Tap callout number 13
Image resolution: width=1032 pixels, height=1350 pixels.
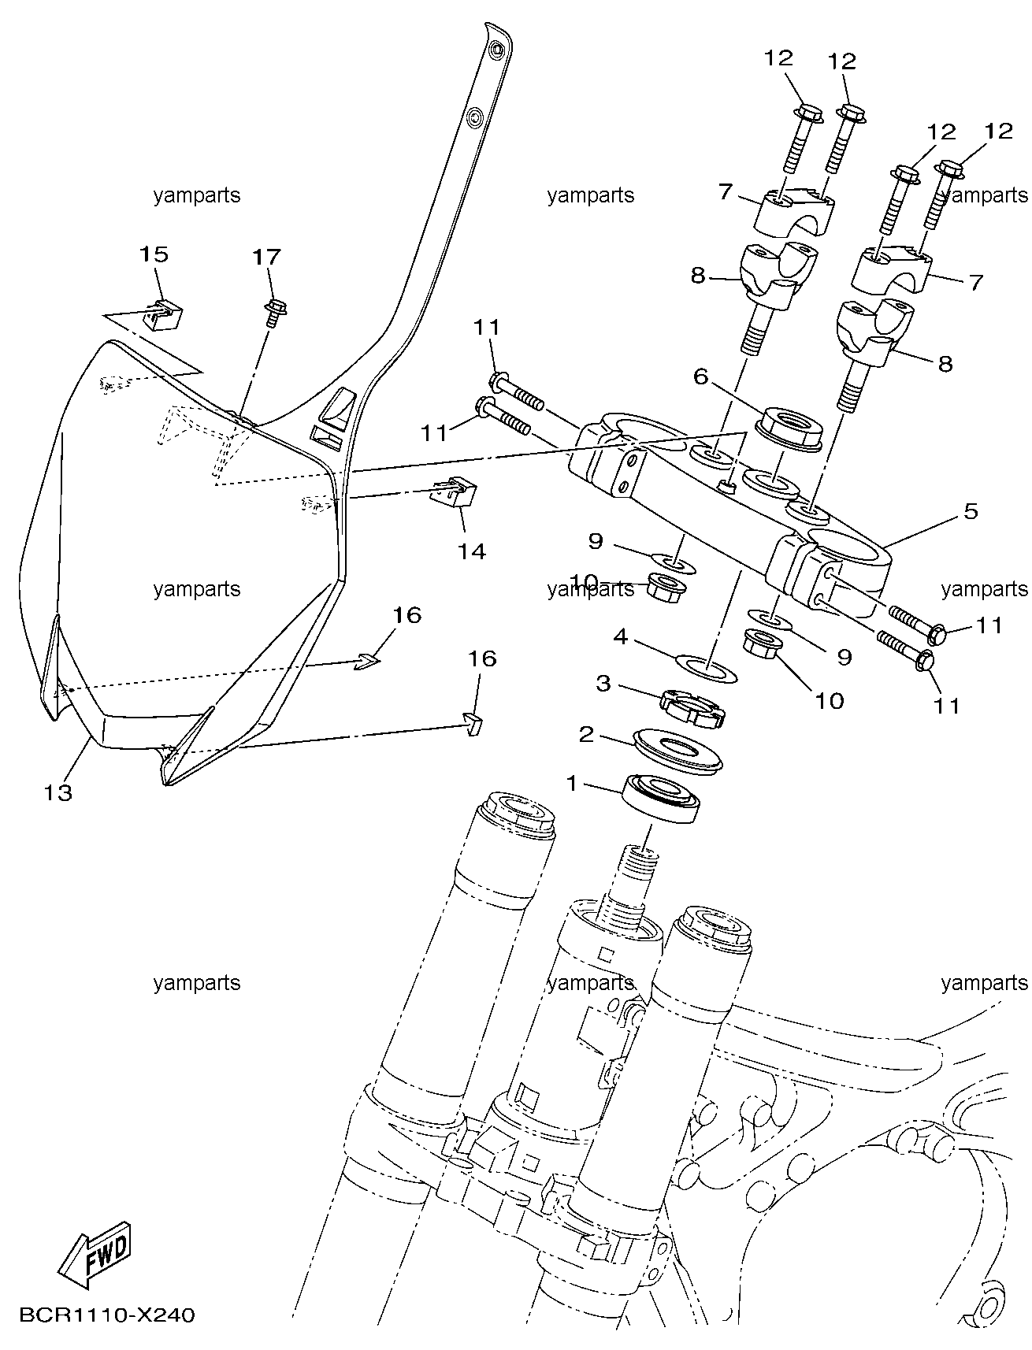(58, 792)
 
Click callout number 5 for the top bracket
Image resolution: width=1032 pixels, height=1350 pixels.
(970, 511)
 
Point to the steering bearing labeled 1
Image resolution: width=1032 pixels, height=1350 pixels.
(659, 799)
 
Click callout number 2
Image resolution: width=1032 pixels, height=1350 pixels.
(586, 735)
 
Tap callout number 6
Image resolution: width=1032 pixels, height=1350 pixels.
(701, 378)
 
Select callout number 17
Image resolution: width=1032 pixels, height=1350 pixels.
(266, 257)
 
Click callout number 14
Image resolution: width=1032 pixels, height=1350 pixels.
(472, 551)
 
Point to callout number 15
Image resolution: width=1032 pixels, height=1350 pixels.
(154, 254)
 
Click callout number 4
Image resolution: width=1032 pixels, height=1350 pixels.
(621, 636)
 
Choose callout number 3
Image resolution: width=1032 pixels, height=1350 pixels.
(603, 683)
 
